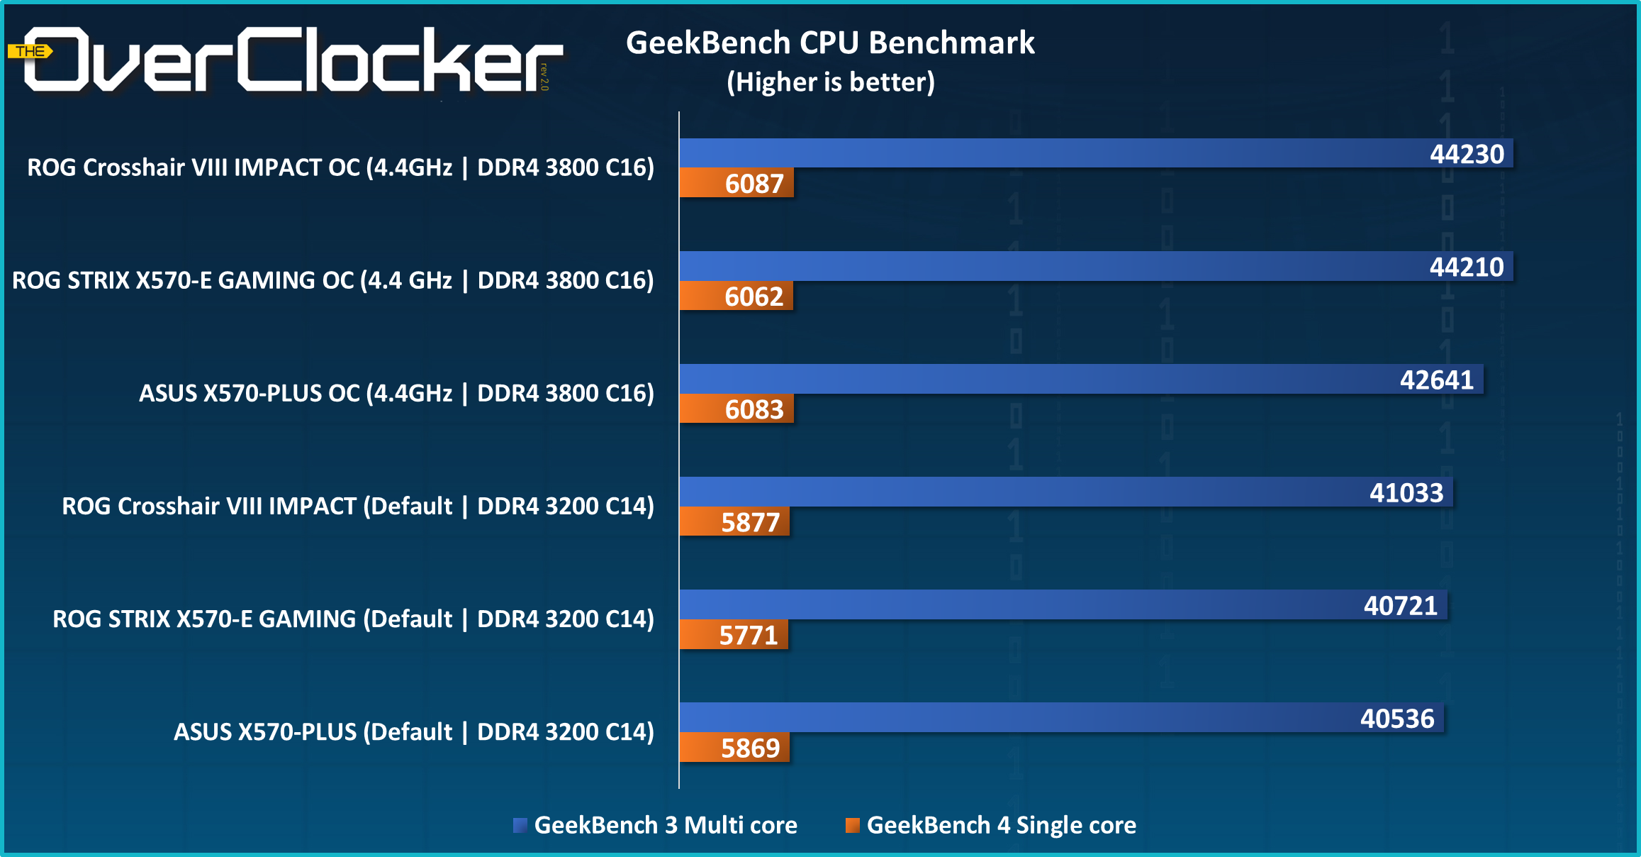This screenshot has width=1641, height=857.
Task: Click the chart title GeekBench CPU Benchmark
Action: (x=830, y=43)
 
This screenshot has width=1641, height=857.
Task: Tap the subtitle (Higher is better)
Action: (x=830, y=82)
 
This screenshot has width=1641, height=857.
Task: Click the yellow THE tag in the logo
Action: (x=30, y=51)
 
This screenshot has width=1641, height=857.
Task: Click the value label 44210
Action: (x=1466, y=267)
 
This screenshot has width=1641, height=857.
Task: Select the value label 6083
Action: (x=754, y=409)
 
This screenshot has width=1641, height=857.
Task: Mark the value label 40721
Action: (x=1400, y=606)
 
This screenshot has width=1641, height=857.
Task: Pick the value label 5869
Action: (x=750, y=748)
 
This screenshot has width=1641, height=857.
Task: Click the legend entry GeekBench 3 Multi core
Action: (x=665, y=825)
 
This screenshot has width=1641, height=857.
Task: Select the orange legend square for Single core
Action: (x=852, y=825)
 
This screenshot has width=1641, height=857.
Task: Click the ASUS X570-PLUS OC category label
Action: (x=396, y=393)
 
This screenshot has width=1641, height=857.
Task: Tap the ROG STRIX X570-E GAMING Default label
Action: (x=353, y=619)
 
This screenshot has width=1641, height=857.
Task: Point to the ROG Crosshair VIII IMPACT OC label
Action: (x=340, y=167)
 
